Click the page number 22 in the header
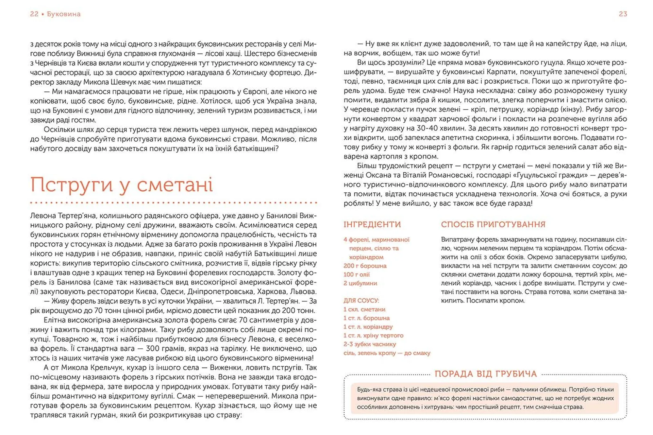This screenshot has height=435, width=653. coord(34,14)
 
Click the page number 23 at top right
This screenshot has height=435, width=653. coord(623,14)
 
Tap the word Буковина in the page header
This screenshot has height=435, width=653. coord(64,14)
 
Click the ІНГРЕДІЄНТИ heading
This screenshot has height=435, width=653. coord(372,224)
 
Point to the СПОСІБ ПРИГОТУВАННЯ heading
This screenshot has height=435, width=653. coord(493,224)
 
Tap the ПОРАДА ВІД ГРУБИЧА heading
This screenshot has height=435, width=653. coord(486,374)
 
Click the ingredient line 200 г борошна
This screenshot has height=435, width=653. coord(365,266)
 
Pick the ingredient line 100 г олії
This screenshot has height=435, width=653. coord(356,274)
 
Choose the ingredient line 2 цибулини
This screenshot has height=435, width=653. coord(360,283)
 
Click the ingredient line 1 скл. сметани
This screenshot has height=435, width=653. coord(364,309)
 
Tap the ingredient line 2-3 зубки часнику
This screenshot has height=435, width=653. coord(370,344)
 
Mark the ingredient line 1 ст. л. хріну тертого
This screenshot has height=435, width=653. coord(373,335)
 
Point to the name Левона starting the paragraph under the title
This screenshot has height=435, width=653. coord(43,215)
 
